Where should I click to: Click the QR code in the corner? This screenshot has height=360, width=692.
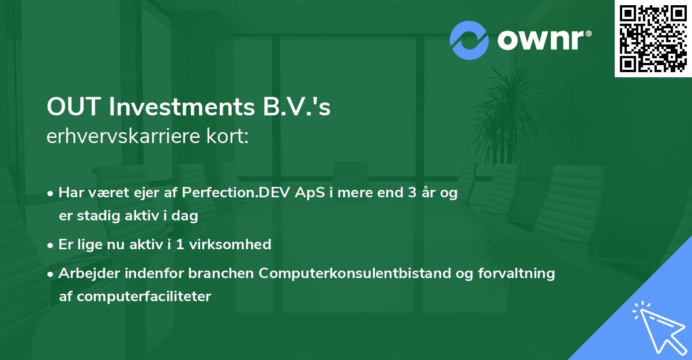point(653,39)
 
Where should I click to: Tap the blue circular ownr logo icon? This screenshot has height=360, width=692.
point(469,40)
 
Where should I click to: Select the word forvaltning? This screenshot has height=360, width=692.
point(522,273)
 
